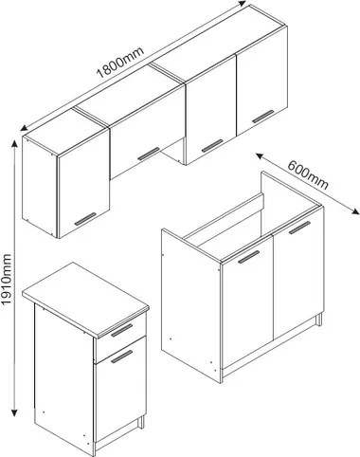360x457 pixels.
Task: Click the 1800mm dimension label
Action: coord(120,63)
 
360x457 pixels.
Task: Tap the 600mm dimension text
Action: coord(308,174)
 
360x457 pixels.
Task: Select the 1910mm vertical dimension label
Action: coord(6,279)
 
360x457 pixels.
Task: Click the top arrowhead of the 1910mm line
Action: coord(14,144)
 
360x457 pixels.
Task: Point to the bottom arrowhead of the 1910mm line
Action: coord(14,412)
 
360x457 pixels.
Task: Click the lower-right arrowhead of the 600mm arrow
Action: coord(355,212)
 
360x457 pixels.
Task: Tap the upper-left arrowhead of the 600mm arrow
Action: coord(260,156)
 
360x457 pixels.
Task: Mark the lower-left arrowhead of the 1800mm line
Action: coord(24,128)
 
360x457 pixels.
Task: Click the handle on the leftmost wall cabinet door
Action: coord(85,219)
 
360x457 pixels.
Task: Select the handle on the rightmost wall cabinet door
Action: coord(263,117)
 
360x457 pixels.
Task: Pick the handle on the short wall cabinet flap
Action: coord(149,154)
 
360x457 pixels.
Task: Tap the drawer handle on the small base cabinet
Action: coord(122,330)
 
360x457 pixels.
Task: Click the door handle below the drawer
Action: coord(122,356)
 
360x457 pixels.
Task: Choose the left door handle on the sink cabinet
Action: coord(249,257)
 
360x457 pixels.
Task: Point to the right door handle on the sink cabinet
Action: coord(299,228)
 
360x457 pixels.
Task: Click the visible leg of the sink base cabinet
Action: coord(319,320)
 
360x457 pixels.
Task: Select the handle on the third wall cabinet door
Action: coord(212,145)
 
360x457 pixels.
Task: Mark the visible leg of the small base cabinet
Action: coord(141,422)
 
